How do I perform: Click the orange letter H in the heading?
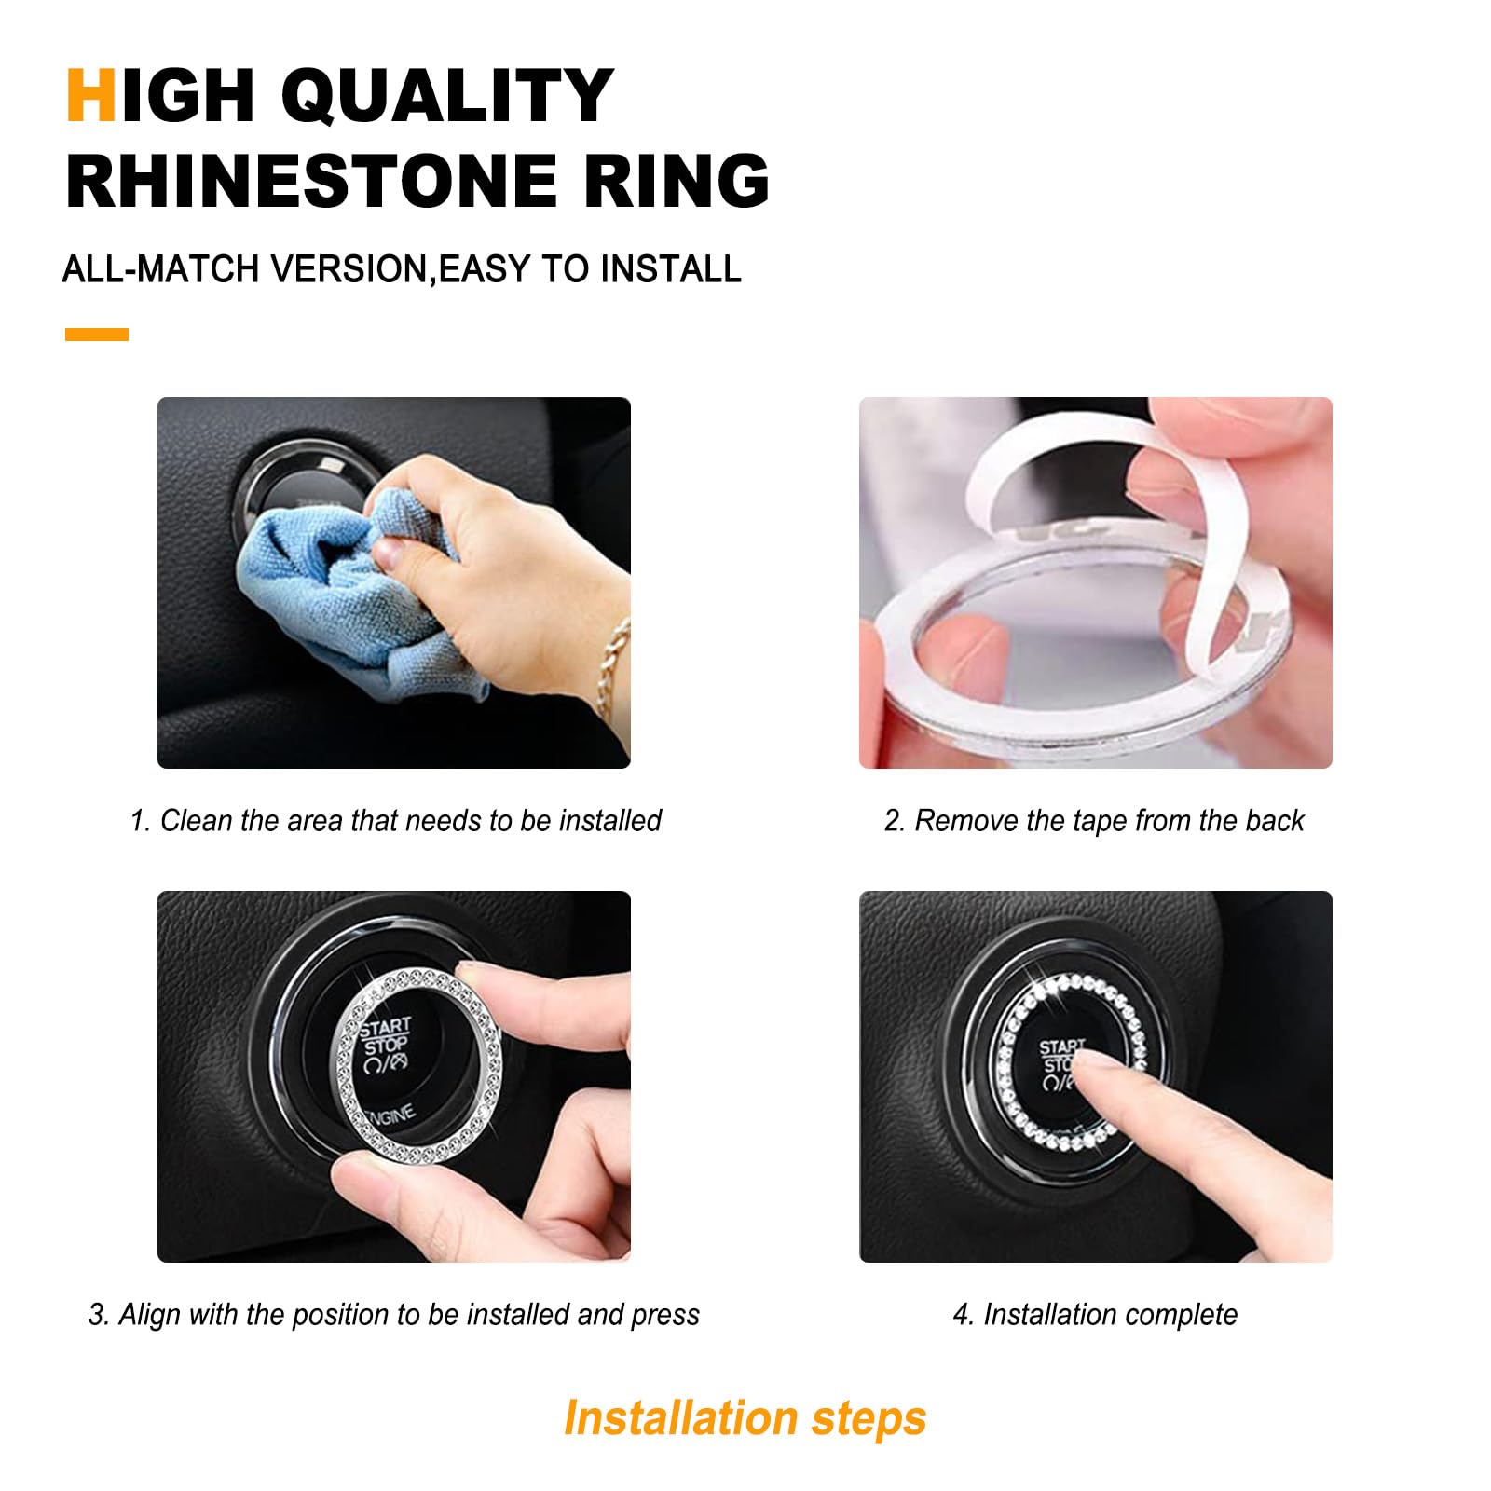click(x=90, y=95)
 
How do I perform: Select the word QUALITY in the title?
click(x=447, y=95)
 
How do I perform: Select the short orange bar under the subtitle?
click(x=97, y=335)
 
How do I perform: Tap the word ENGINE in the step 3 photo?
click(x=391, y=1115)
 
